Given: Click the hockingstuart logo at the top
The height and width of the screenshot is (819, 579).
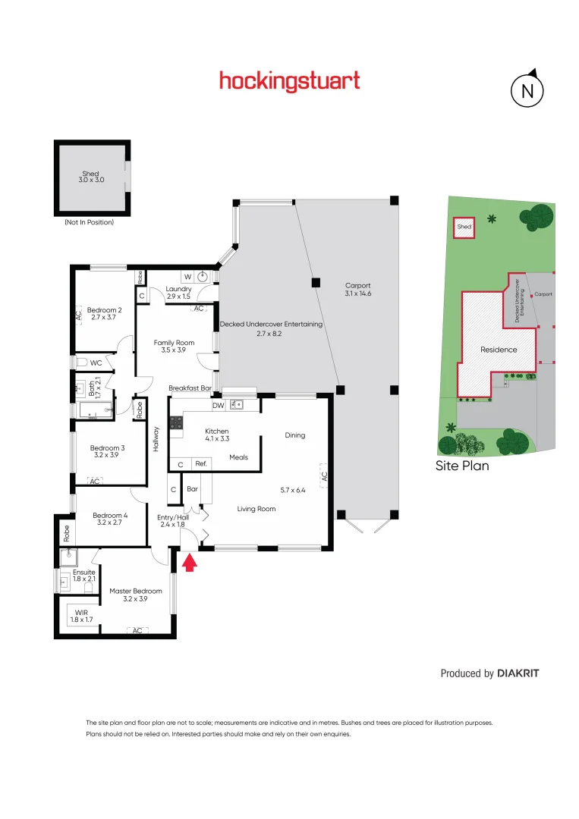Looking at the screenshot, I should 289,81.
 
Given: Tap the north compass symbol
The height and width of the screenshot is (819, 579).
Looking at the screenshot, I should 527,91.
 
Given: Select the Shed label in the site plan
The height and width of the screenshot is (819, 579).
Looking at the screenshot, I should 464,227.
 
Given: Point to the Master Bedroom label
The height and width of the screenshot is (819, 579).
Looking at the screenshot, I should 136,591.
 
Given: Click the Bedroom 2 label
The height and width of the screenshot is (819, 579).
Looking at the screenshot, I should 105,309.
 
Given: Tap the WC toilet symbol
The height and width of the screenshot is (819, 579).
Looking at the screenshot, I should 83,362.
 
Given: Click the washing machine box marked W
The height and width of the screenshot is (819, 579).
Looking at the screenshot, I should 187,277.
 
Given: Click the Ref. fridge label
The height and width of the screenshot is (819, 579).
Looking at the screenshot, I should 201,463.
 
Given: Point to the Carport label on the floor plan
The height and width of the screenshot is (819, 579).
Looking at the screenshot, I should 358,286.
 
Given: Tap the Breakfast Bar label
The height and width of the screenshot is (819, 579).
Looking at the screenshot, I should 190,388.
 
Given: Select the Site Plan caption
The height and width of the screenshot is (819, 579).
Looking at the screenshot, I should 462,466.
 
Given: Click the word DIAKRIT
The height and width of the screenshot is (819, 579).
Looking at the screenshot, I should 518,673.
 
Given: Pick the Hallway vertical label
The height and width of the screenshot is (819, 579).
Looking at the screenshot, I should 157,438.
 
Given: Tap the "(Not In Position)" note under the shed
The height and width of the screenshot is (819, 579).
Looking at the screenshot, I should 89,222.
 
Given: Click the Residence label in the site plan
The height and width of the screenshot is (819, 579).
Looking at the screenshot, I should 499,350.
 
